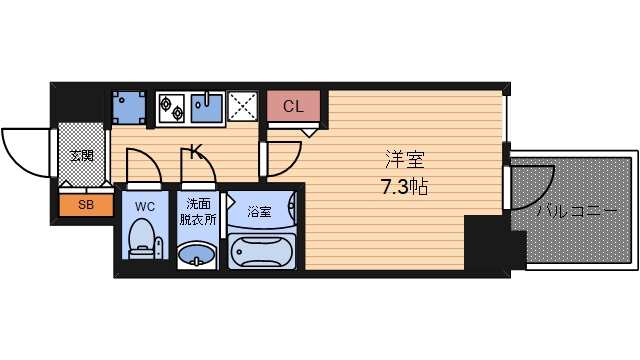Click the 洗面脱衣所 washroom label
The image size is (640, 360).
[197, 211]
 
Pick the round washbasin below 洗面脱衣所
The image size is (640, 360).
[196, 258]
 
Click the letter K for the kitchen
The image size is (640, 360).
[196, 153]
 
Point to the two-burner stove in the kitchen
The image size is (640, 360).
[173, 106]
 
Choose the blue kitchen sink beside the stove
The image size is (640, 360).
[207, 107]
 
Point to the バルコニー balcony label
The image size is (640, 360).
[576, 211]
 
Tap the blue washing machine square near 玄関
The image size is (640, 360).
[128, 106]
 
